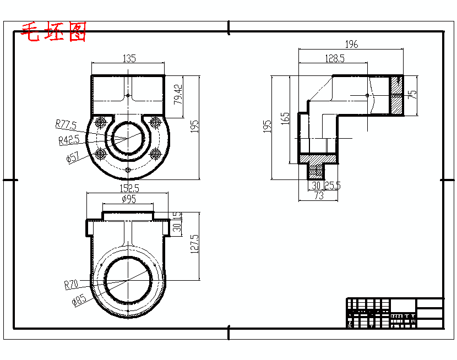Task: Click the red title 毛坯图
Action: (x=53, y=32)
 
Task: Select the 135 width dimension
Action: (x=129, y=58)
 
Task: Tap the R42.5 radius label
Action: (x=69, y=140)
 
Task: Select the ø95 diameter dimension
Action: (x=128, y=199)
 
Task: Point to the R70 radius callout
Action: (x=72, y=285)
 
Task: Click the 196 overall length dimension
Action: (x=351, y=45)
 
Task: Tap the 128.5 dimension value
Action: (x=334, y=58)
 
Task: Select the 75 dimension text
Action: (x=412, y=94)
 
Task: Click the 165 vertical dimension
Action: (x=285, y=118)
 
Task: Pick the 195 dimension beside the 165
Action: (x=268, y=126)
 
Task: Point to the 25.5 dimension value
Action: (x=333, y=186)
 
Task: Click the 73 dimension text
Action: (x=318, y=196)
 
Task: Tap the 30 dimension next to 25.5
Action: (x=316, y=186)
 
